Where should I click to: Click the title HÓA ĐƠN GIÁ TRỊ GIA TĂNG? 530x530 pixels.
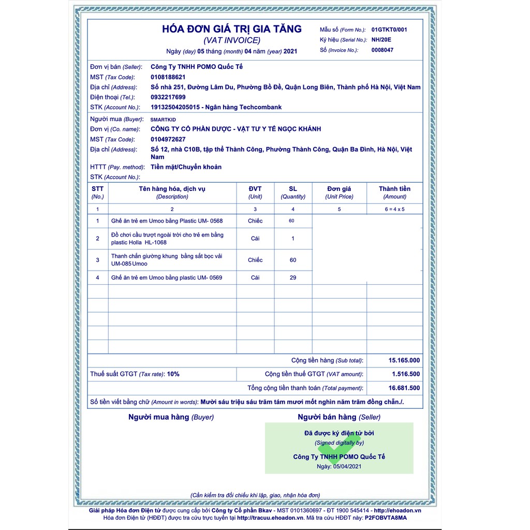[232, 30]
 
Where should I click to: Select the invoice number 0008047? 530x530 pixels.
[382, 50]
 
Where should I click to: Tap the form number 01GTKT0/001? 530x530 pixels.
[389, 30]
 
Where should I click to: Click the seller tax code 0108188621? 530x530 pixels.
[168, 77]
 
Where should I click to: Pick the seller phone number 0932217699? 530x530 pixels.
[168, 97]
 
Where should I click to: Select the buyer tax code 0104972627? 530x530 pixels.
[168, 139]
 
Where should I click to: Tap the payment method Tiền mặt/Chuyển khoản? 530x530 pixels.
[186, 167]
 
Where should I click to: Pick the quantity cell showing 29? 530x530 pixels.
[293, 278]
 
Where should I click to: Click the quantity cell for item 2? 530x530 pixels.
[293, 239]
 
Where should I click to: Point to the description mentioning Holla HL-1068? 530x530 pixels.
[167, 239]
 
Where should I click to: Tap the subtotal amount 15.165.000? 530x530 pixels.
[404, 361]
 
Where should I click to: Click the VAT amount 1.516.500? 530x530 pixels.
[406, 374]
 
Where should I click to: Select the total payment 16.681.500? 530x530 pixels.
[404, 388]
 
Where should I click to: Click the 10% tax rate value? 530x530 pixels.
[173, 374]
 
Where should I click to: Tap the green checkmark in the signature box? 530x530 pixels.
[339, 446]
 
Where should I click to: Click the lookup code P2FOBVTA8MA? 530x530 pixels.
[386, 518]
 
